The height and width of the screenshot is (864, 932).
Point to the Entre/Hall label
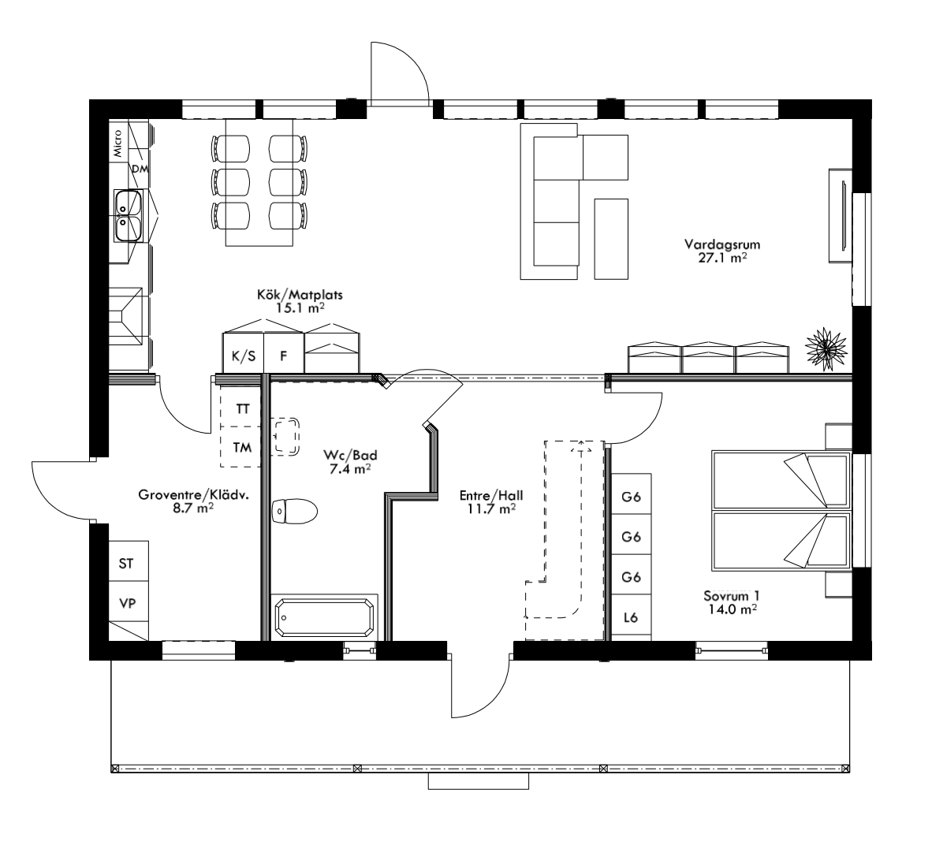491,502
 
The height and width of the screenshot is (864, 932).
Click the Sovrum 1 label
733,601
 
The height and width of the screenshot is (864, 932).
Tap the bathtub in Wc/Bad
324,618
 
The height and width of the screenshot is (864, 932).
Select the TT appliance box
243,409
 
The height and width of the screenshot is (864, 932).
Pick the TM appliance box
243,448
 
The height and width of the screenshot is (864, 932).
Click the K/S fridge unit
243,356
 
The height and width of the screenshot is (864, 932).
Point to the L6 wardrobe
631,618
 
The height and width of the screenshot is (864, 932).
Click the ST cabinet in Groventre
126,563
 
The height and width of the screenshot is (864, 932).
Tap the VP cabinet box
126,603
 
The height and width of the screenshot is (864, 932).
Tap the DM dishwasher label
140,169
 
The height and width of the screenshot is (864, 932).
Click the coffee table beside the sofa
611,239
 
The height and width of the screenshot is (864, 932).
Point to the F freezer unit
283,356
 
